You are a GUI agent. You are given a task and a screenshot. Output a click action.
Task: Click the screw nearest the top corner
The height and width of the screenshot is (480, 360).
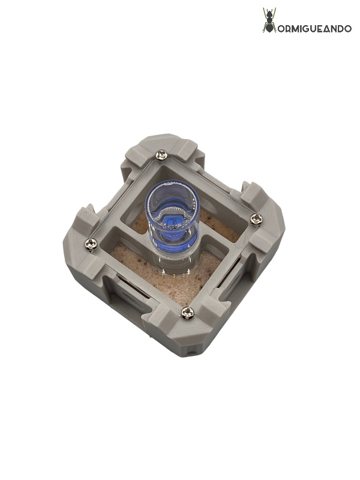tap(161, 155)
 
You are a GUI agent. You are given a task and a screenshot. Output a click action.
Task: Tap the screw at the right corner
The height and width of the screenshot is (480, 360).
tap(256, 219)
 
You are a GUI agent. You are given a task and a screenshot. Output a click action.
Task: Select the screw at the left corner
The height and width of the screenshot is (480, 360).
tap(91, 244)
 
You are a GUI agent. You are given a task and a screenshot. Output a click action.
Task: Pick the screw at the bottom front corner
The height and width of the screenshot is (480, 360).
tap(187, 313)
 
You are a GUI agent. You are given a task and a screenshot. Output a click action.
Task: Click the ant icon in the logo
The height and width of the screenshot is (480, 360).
tap(269, 20)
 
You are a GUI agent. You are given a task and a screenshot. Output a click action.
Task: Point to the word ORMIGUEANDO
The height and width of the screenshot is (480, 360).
tap(314, 29)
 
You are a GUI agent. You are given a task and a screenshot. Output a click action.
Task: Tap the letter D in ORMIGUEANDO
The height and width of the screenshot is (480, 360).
tap(340, 29)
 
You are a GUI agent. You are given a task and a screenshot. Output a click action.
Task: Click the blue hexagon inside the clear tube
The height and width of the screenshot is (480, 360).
tap(173, 221)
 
